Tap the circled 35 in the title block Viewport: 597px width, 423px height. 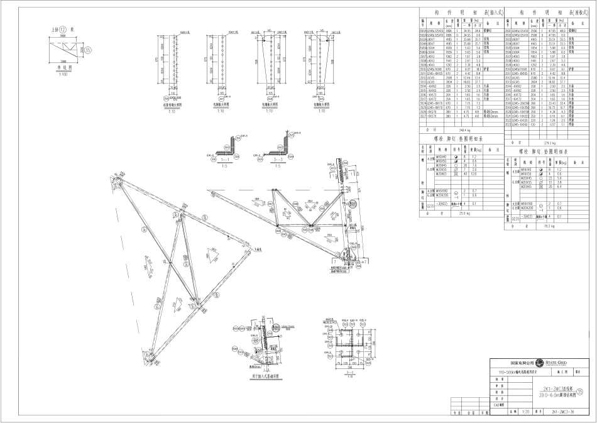(588, 392)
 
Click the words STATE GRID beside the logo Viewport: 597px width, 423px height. (558, 361)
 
